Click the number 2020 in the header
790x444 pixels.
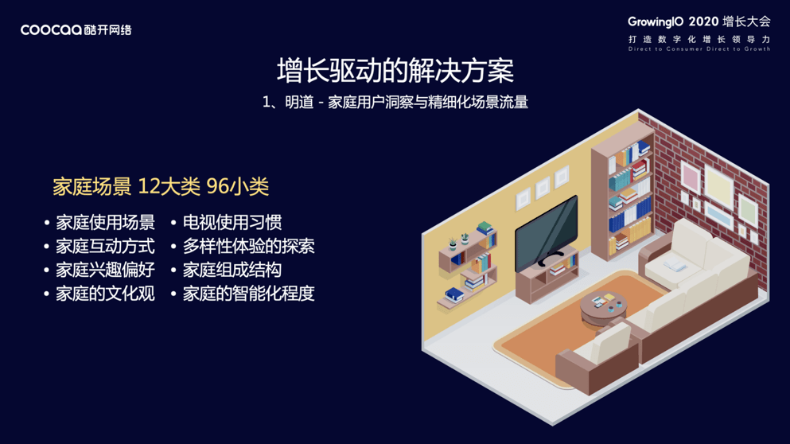[703, 21]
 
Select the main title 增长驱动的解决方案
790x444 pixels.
[395, 71]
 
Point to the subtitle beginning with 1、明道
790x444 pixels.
[395, 102]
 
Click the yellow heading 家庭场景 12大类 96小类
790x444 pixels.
[161, 187]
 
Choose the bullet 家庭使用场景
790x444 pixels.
[105, 223]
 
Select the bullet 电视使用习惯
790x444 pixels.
[232, 223]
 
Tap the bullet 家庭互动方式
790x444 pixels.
[105, 247]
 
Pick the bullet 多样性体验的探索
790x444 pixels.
[248, 247]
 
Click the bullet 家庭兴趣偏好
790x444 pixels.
[105, 270]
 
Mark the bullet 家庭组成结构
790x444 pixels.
[232, 270]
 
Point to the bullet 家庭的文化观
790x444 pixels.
[105, 294]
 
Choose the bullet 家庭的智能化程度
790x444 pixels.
[248, 294]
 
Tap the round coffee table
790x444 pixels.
[603, 306]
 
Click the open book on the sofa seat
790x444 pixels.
[675, 266]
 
